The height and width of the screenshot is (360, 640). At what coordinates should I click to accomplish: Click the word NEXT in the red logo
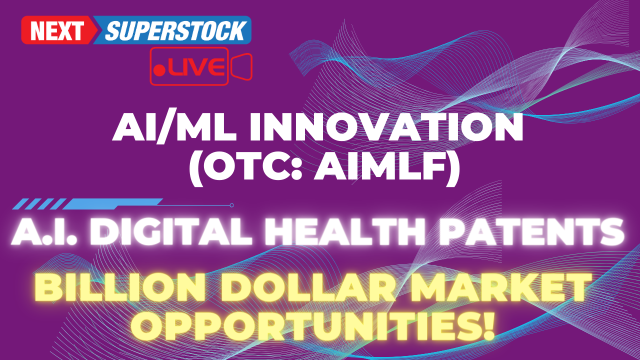(x=57, y=30)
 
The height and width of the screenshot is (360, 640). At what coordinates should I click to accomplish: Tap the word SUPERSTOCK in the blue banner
(x=175, y=30)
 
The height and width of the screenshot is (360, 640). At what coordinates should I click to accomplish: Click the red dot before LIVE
(x=159, y=70)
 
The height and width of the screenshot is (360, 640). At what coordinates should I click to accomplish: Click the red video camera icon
(x=241, y=66)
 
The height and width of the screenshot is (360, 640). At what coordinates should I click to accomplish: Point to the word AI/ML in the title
(x=174, y=127)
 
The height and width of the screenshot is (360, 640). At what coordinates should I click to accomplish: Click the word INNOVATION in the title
(x=387, y=127)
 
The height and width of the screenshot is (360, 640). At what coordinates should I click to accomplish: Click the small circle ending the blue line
(x=231, y=205)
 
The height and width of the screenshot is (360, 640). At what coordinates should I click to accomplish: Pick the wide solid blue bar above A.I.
(x=112, y=204)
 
